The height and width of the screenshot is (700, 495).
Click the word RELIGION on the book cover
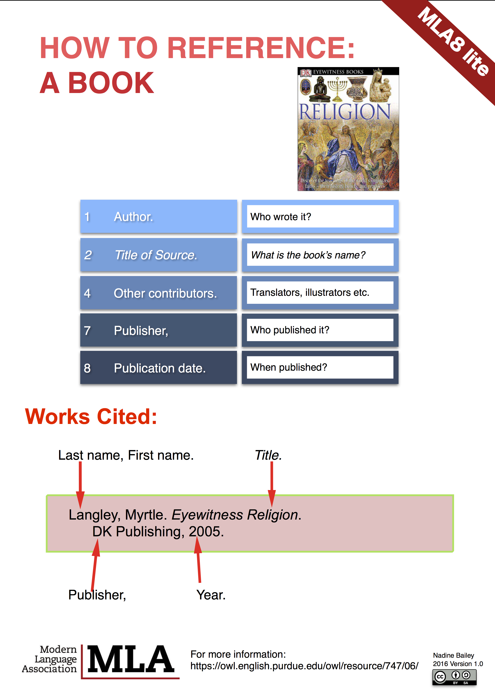click(345, 112)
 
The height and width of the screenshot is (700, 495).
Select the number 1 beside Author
click(87, 217)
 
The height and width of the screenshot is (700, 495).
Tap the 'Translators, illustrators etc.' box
click(320, 293)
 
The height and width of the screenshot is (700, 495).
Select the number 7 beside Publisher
click(87, 331)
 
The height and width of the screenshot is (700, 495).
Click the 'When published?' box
click(320, 367)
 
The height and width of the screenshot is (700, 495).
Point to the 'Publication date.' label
click(160, 368)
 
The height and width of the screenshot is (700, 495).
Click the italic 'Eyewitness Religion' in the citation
click(235, 515)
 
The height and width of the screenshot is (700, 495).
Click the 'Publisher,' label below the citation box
click(97, 595)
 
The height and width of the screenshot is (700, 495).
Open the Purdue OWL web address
click(304, 666)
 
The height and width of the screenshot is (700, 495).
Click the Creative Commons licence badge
click(454, 677)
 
